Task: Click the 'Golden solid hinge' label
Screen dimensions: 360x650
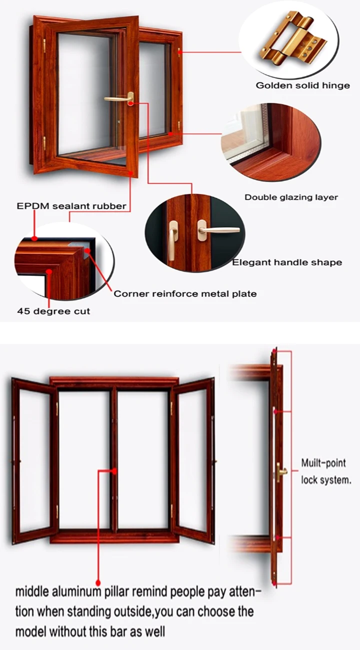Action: coord(302,85)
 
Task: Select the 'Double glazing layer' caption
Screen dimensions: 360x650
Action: coord(291,197)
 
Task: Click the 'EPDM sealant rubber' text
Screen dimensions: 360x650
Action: coord(71,206)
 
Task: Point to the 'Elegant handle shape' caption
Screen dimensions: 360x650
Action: coord(287,262)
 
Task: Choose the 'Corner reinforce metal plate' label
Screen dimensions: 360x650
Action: coord(185,293)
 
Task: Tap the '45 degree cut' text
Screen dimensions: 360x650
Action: coord(53,311)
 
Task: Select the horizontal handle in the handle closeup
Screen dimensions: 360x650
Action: coord(217,230)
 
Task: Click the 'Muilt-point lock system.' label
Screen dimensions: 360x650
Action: coord(326,471)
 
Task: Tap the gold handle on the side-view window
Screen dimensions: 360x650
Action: coord(280,472)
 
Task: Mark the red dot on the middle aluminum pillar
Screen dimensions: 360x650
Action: coord(114,471)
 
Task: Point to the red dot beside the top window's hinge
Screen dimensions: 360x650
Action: coord(180,52)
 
